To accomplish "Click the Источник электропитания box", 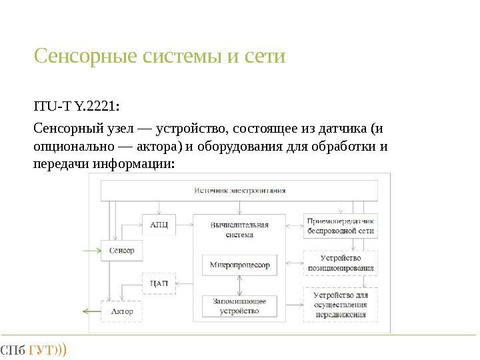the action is [x=240, y=190].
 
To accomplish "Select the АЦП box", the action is [x=159, y=225].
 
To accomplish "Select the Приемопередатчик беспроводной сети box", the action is [x=341, y=226].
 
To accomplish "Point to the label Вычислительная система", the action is [x=239, y=229].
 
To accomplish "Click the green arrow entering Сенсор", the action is [x=90, y=251].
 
